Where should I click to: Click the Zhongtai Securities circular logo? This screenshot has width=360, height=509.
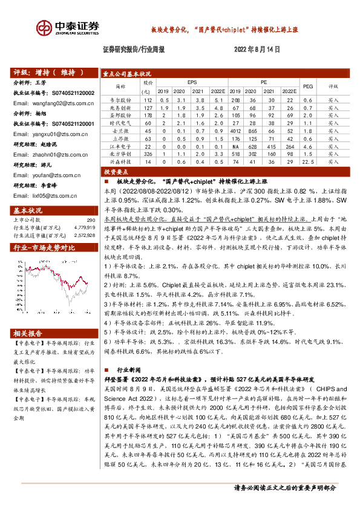44,28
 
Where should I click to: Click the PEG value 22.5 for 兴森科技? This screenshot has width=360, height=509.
308,162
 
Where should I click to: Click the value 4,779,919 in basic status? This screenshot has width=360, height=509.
83,227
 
